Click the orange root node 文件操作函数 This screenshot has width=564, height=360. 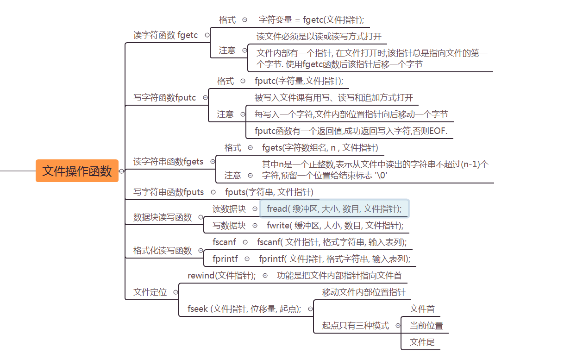coord(77,171)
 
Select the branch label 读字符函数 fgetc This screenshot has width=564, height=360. coord(165,35)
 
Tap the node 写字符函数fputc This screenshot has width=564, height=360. coord(164,98)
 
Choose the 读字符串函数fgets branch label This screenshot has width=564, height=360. coord(168,162)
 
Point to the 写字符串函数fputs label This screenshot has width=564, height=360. coord(169,192)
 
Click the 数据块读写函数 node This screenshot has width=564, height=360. coord(162,217)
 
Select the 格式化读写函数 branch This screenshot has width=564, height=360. coord(162,251)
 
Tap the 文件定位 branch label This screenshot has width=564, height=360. coord(150,292)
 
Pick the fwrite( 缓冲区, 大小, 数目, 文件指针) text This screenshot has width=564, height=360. coord(335,226)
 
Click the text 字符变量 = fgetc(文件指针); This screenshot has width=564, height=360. coord(312,20)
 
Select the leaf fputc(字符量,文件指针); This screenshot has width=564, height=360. coord(299,81)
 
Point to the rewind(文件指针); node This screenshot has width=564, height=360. coord(221,276)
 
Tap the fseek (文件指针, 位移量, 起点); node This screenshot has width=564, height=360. coord(244,309)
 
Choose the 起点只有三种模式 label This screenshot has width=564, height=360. coord(355,326)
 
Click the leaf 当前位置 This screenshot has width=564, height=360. coord(426,326)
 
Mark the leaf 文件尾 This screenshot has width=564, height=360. coord(422,342)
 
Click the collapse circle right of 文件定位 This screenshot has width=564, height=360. coord(175,292)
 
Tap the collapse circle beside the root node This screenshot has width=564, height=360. coord(122,171)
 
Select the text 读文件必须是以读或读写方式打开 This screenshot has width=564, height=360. coord(319,37)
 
